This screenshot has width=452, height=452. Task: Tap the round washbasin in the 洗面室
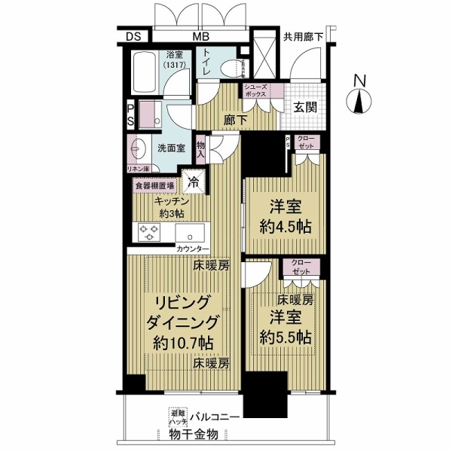pos(139,145)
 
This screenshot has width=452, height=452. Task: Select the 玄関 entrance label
pos(305,107)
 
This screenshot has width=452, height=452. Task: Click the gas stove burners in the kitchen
pos(150,233)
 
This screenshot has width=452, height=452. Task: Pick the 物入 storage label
pos(201,148)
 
